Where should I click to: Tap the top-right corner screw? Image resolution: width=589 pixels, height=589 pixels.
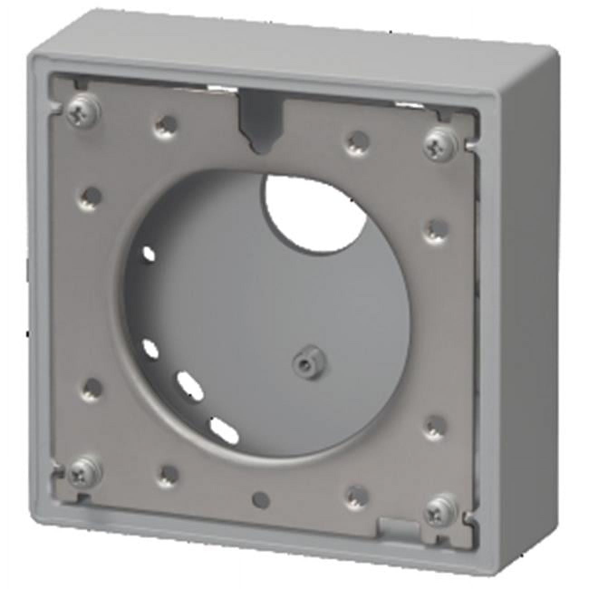click(x=438, y=144)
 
